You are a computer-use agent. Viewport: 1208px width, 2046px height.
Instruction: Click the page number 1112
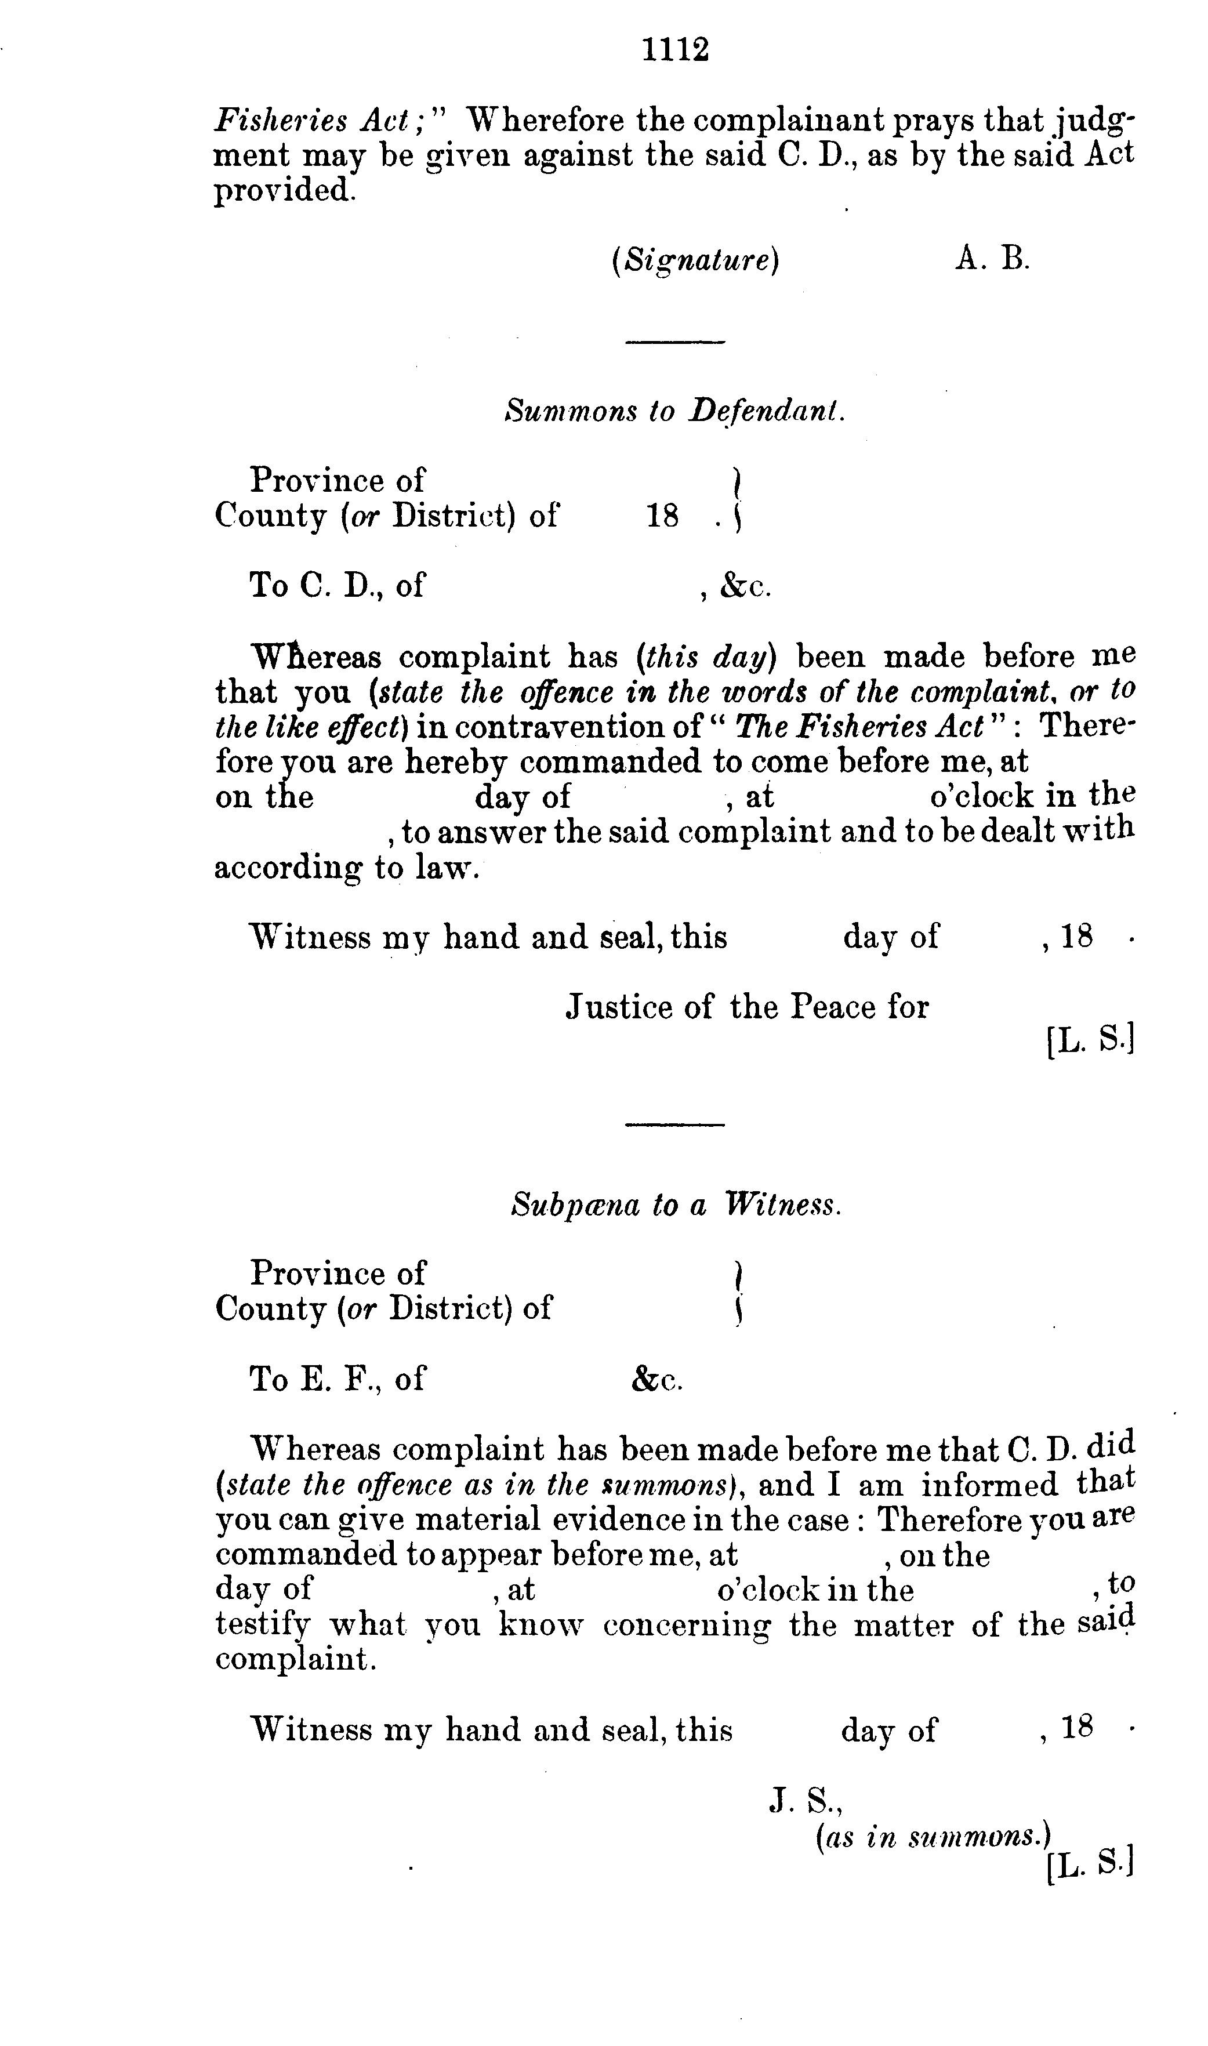coord(675,50)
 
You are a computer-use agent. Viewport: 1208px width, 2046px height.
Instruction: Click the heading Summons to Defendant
coord(675,410)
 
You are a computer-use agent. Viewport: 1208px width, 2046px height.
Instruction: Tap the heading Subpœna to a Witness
coord(675,1204)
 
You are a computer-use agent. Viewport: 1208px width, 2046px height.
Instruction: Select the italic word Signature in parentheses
coord(695,260)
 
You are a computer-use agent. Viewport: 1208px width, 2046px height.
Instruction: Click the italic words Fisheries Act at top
coord(320,121)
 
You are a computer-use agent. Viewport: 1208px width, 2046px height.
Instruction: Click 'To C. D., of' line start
coord(336,585)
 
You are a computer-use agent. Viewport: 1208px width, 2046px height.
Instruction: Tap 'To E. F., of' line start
coord(336,1378)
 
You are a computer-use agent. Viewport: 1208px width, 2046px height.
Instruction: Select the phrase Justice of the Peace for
coord(746,1007)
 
